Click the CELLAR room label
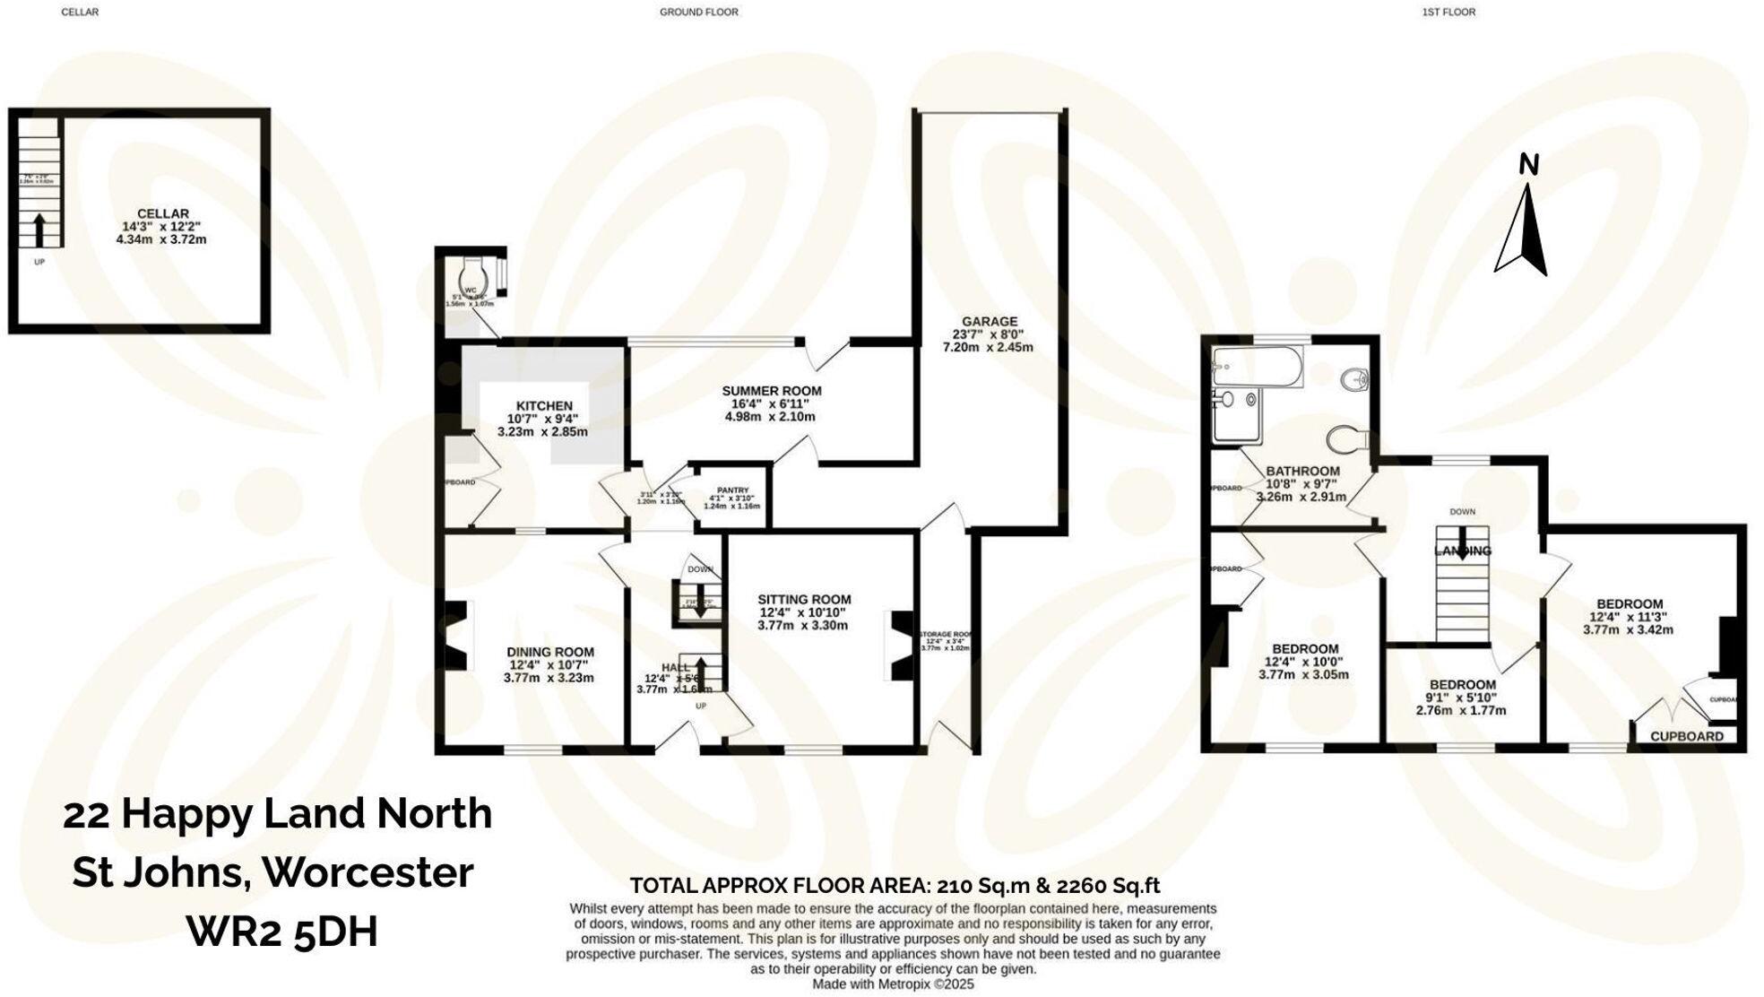click(x=162, y=213)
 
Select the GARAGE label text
click(x=990, y=321)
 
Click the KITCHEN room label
click(x=544, y=406)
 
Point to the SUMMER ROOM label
click(x=772, y=391)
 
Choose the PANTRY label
click(x=732, y=490)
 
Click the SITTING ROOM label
click(x=804, y=600)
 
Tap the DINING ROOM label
click(x=549, y=653)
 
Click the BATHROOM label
click(x=1302, y=471)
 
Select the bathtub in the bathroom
click(x=1257, y=368)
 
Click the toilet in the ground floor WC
click(x=473, y=273)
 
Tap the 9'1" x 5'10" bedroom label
click(x=1462, y=685)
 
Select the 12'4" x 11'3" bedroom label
click(x=1630, y=604)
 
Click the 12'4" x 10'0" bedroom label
click(x=1305, y=649)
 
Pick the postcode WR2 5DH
click(x=281, y=932)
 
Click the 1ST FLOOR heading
click(x=1448, y=13)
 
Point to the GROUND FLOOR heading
click(x=699, y=13)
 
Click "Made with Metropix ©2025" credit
click(x=893, y=984)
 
